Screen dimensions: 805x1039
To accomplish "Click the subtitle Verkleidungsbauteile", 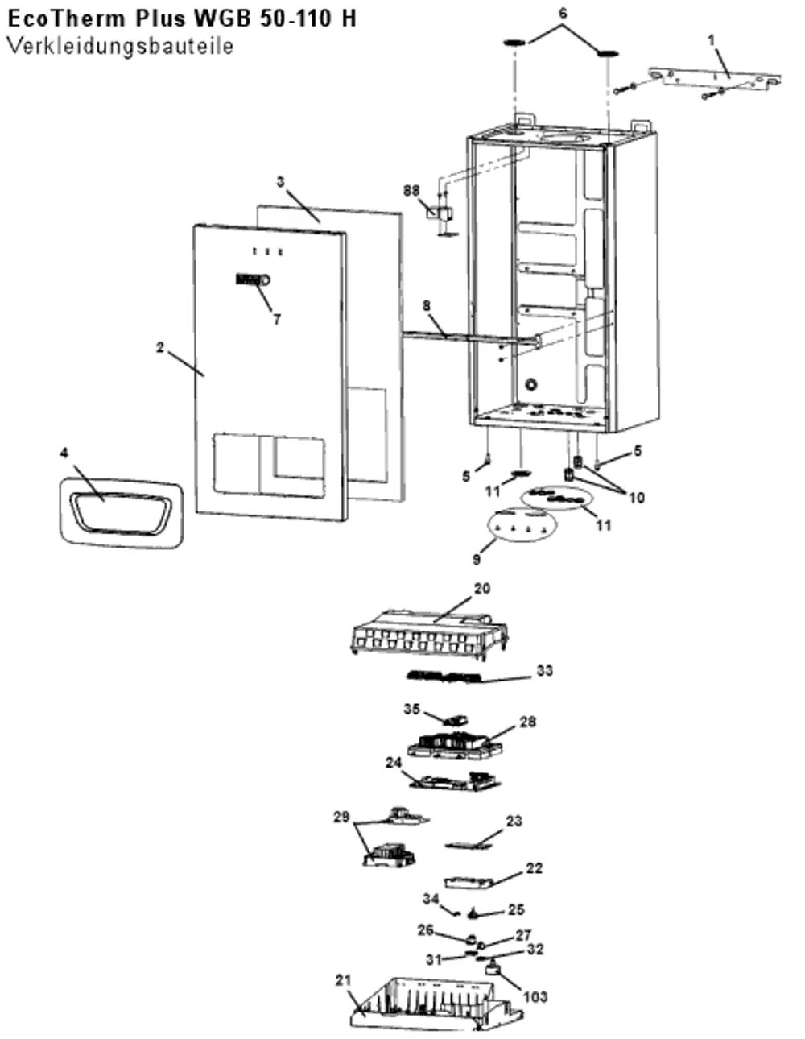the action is [121, 47].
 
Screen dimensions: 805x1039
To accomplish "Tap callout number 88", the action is [411, 190].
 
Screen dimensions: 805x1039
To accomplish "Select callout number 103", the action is [535, 997].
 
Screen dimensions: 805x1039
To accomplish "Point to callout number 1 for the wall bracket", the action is [712, 40].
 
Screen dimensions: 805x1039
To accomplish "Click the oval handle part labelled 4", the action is [122, 512].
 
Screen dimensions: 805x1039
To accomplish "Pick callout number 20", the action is [482, 588].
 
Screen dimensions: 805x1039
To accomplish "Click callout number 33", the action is [545, 670].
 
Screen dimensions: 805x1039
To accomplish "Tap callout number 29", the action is [341, 817].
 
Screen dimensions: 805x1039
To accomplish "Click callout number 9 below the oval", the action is [477, 560].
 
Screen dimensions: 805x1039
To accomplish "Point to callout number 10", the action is [636, 498].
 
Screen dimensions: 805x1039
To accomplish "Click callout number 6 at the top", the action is [563, 14].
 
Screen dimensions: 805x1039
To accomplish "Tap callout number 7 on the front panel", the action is [277, 320].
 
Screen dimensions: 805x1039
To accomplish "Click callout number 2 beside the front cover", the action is [160, 348].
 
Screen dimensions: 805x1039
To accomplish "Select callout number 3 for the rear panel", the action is [280, 182].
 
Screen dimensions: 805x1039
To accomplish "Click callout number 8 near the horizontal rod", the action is [427, 305].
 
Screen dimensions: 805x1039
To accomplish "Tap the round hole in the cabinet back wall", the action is [531, 384].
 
